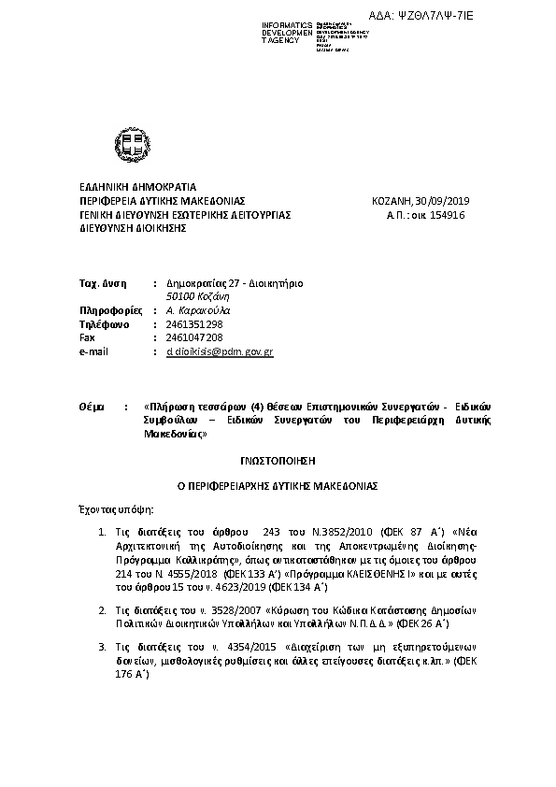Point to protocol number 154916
click(x=446, y=214)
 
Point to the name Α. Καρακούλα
click(x=197, y=309)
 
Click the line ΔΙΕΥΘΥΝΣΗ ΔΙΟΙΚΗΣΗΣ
click(x=133, y=227)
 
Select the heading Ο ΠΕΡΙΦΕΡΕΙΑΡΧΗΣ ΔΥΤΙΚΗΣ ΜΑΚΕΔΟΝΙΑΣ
click(x=278, y=486)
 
